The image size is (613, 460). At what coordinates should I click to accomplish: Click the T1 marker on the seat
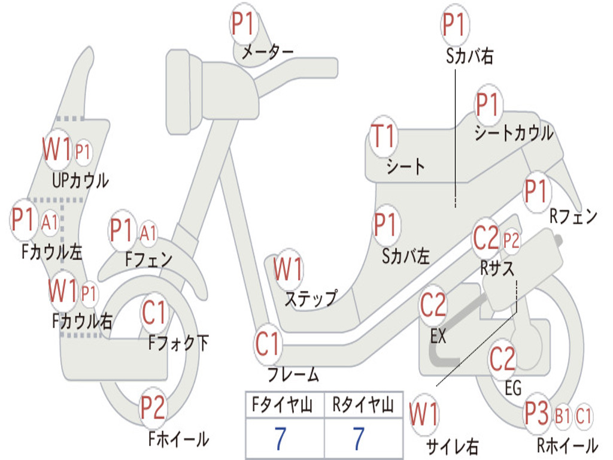(384, 137)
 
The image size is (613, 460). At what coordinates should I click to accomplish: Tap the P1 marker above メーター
(244, 24)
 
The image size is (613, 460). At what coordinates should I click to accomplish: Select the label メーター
(268, 52)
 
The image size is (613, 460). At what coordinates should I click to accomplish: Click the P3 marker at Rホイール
(537, 413)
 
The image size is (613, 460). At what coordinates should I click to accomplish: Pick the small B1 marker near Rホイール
(563, 416)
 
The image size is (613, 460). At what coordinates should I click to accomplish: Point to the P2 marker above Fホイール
(153, 407)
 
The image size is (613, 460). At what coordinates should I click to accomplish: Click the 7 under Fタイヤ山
(280, 438)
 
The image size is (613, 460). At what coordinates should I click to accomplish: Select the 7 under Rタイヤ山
(359, 438)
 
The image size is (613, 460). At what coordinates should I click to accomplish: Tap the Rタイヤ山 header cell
(363, 405)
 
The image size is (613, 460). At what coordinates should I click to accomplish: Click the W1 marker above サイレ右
(424, 414)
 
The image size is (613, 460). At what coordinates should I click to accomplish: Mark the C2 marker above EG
(503, 359)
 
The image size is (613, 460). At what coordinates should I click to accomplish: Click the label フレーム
(293, 374)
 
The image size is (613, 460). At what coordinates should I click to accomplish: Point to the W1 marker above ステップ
(288, 270)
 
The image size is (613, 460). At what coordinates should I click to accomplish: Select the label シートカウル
(514, 133)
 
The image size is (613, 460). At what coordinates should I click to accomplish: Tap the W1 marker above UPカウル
(57, 149)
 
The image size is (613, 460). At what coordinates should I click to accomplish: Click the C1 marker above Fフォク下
(154, 313)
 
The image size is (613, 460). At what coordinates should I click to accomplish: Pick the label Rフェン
(573, 216)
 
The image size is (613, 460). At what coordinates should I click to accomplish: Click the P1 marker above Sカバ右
(455, 25)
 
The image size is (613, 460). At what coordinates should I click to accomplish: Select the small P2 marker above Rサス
(511, 241)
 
